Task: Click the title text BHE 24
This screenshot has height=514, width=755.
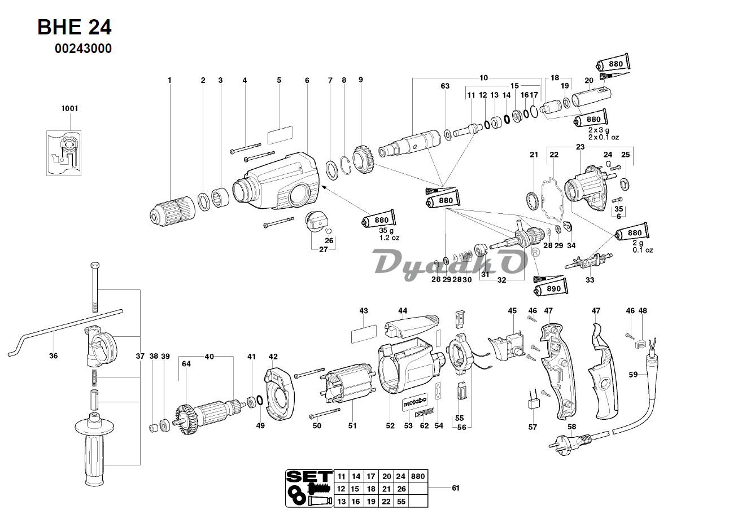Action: tap(74, 27)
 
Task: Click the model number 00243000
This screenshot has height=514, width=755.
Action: tap(83, 49)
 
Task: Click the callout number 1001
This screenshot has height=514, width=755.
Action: tap(69, 108)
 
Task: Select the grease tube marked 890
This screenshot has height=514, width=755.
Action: tap(551, 289)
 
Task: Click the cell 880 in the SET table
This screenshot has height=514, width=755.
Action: tap(417, 476)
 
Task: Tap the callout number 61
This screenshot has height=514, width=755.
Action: tap(456, 488)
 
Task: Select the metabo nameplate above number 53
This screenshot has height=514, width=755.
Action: tap(414, 402)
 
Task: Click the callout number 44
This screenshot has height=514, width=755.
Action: tap(402, 310)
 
